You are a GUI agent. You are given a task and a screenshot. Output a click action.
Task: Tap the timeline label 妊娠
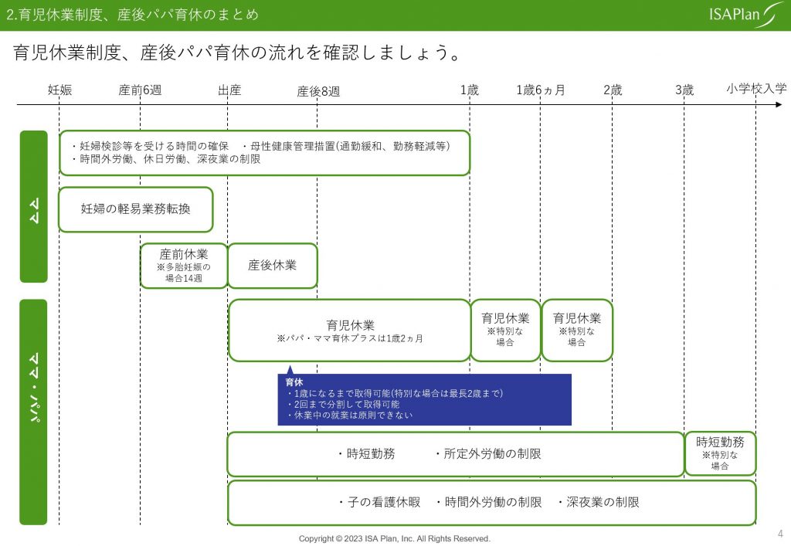coord(59,90)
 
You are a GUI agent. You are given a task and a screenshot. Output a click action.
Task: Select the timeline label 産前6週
coord(140,90)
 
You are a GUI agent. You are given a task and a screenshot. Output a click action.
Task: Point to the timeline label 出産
coord(229,90)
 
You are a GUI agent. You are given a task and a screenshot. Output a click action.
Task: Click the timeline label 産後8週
coord(317,91)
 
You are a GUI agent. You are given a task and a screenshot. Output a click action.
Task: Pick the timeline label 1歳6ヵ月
coord(540,90)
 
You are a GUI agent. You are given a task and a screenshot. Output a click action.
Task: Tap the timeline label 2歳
coord(613,90)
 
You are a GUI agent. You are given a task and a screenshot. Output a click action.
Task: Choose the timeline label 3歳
coord(684,90)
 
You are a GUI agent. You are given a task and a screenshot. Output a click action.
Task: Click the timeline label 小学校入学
coord(756,89)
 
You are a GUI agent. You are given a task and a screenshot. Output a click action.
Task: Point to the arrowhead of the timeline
coord(779,105)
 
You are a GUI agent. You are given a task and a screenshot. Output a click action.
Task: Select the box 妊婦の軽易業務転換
coord(136,209)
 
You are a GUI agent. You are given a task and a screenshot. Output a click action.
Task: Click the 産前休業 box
coord(184,266)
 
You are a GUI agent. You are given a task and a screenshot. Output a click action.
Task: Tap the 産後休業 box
coord(273,266)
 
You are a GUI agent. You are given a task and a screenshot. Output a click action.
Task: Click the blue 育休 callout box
coord(424,399)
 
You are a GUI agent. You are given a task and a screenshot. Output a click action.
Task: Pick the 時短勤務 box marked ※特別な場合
coord(720,454)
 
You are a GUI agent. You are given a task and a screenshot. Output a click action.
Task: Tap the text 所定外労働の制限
coord(488,454)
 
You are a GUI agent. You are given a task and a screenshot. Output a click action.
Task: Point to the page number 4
coord(780,534)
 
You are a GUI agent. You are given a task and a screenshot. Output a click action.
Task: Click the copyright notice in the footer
coord(395,538)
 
